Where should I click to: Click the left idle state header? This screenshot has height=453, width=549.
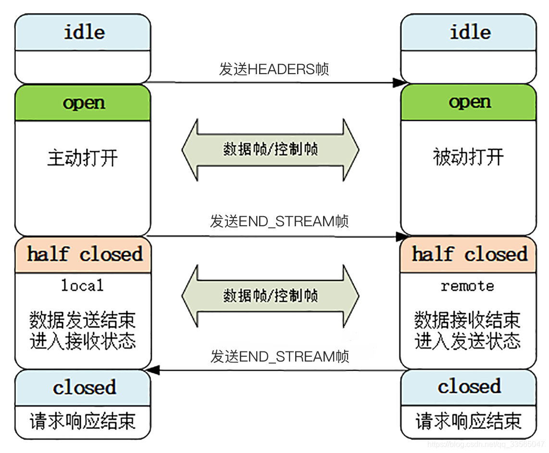pyautogui.click(x=83, y=32)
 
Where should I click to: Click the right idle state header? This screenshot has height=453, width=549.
pyautogui.click(x=469, y=32)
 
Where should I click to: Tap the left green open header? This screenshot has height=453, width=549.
pyautogui.click(x=83, y=103)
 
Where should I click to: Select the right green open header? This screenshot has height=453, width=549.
pyautogui.click(x=469, y=102)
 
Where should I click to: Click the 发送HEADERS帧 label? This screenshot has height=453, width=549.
pyautogui.click(x=274, y=69)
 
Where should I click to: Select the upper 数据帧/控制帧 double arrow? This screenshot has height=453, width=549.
pyautogui.click(x=270, y=149)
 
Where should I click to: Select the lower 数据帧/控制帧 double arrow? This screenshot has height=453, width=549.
pyautogui.click(x=270, y=295)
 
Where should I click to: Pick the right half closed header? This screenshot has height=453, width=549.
pyautogui.click(x=469, y=254)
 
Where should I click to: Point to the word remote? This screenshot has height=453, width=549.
pyautogui.click(x=467, y=286)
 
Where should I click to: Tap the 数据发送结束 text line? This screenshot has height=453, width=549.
pyautogui.click(x=83, y=320)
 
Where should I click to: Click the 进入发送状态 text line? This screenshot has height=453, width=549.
pyautogui.click(x=467, y=341)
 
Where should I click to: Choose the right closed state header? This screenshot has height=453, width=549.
pyautogui.click(x=469, y=387)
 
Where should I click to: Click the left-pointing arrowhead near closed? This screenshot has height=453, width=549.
pyautogui.click(x=153, y=370)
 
